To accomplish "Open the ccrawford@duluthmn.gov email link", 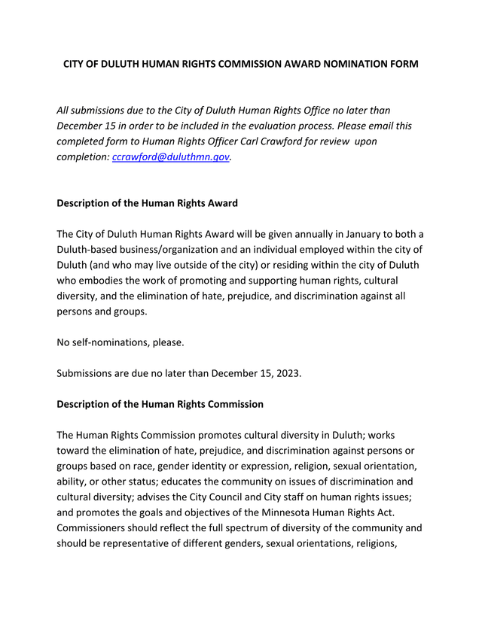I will (x=170, y=157).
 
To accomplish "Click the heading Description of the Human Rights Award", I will (x=148, y=203).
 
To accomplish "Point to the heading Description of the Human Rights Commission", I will (x=160, y=404).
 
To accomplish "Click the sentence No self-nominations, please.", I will (x=120, y=342).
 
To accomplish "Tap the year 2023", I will (x=287, y=373).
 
